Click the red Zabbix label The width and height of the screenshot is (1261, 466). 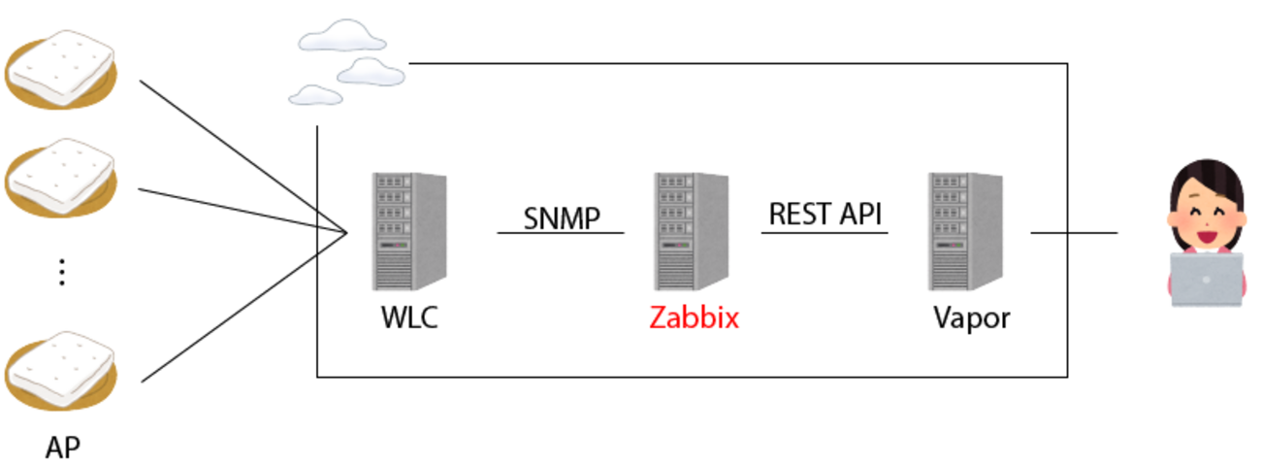pos(694,317)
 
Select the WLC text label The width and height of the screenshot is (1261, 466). pos(408,317)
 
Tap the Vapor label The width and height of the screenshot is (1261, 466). pos(971,317)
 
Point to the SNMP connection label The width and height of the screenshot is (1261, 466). pos(562,217)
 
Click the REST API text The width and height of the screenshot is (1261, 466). pos(825,214)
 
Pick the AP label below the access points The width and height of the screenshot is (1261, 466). pos(63,448)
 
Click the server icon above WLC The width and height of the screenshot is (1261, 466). pos(408,231)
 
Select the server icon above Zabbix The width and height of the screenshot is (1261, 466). pos(691,231)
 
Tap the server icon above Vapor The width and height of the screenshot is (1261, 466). pos(965,231)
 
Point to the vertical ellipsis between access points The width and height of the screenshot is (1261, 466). pos(61,273)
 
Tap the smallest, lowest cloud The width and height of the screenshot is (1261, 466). pos(315,95)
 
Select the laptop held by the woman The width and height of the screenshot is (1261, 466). pos(1206,280)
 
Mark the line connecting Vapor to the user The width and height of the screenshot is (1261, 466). pos(1074,233)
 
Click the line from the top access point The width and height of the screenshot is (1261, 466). pos(242,156)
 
